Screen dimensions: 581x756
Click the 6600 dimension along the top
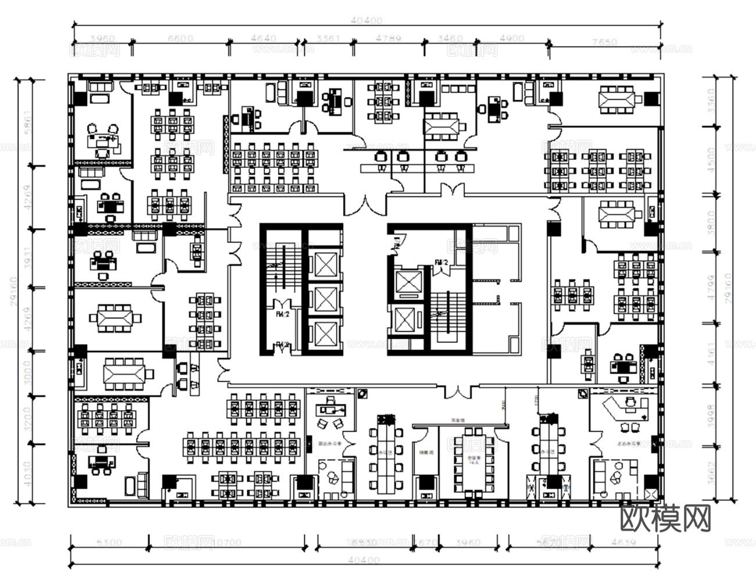[x=180, y=39]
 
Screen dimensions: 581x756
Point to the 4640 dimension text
[x=264, y=39]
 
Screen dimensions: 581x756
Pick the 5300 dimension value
[x=109, y=543]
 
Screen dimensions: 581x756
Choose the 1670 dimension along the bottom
[x=425, y=543]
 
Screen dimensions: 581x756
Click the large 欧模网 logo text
[x=666, y=518]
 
